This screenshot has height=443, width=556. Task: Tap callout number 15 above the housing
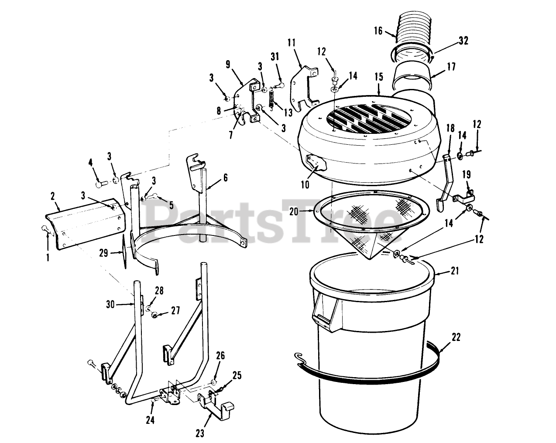click(x=378, y=78)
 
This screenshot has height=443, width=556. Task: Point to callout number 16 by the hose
click(x=378, y=31)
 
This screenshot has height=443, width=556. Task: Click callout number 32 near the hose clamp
click(x=463, y=41)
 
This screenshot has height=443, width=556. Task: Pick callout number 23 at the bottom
click(x=200, y=433)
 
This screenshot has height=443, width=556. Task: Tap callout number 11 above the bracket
click(x=292, y=43)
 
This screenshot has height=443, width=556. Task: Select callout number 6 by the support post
click(x=225, y=177)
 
